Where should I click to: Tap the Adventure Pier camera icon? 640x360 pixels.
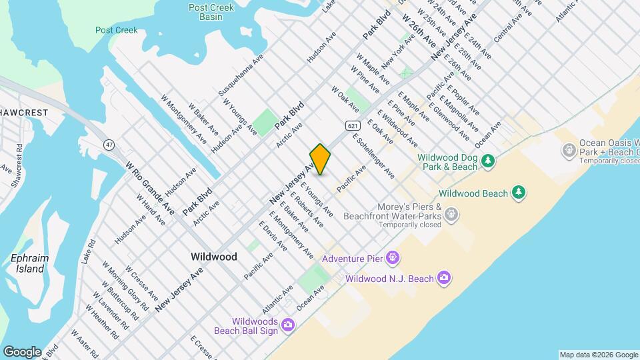tap(393, 257)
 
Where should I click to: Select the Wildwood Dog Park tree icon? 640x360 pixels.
tap(489, 161)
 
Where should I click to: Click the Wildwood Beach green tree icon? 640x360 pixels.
tap(518, 193)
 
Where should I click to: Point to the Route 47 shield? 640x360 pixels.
tap(109, 144)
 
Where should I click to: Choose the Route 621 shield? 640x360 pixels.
tap(353, 125)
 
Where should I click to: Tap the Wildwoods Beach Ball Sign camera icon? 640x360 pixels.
tap(287, 325)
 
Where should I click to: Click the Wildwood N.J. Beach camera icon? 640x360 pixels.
tap(444, 278)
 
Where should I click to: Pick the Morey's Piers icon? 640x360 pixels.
tap(452, 214)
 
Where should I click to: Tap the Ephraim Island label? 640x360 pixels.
tap(27, 264)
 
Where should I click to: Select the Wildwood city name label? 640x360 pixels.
tap(213, 256)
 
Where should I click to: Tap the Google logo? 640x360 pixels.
tap(22, 351)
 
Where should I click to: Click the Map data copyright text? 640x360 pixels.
tap(599, 355)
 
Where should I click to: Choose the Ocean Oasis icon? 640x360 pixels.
tap(568, 151)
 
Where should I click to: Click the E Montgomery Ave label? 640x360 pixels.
tap(291, 235)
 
